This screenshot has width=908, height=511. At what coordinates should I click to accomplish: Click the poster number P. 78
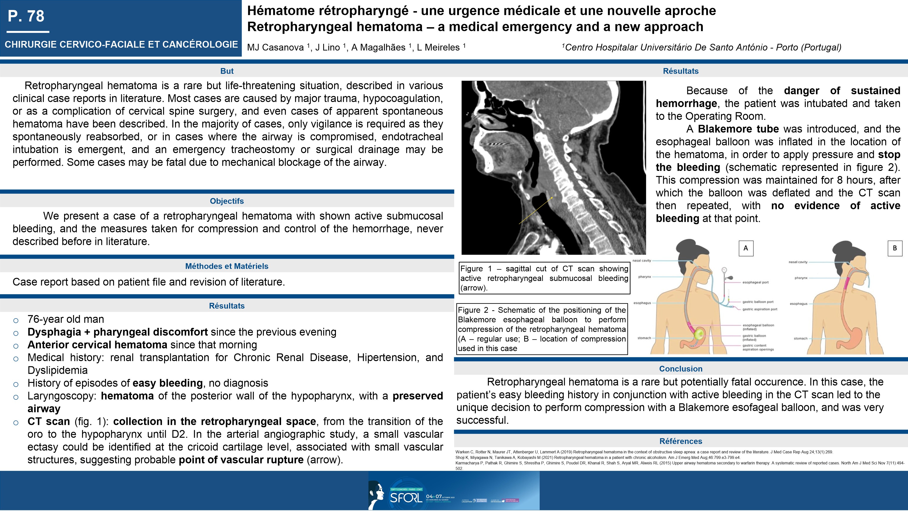coord(26,16)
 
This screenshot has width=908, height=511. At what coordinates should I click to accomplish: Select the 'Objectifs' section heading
coord(227,201)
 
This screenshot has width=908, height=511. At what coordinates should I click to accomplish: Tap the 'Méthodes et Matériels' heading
coord(227,266)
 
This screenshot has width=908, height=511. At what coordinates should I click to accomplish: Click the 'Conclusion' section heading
coord(681,369)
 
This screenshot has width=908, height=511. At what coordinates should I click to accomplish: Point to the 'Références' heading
coord(681,441)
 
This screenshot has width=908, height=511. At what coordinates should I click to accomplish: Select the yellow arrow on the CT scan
coord(536,211)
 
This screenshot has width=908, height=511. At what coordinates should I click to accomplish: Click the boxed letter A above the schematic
coord(745,248)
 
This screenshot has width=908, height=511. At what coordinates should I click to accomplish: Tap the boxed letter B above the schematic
coord(895,248)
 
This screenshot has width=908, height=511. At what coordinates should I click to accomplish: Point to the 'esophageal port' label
coord(755,282)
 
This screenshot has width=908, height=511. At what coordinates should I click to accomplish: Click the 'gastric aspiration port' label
coord(760,309)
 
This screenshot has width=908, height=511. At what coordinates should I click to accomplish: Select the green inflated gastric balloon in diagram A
coord(698,334)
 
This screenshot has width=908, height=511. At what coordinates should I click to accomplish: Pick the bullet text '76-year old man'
coord(66,319)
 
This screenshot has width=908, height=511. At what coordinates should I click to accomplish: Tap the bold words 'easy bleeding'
coord(167,383)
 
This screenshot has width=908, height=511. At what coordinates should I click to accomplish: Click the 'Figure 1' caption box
coord(544,278)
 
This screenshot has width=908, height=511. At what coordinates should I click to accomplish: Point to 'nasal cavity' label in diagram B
coord(798,262)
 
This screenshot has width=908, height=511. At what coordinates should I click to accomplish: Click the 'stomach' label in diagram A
coord(644,338)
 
